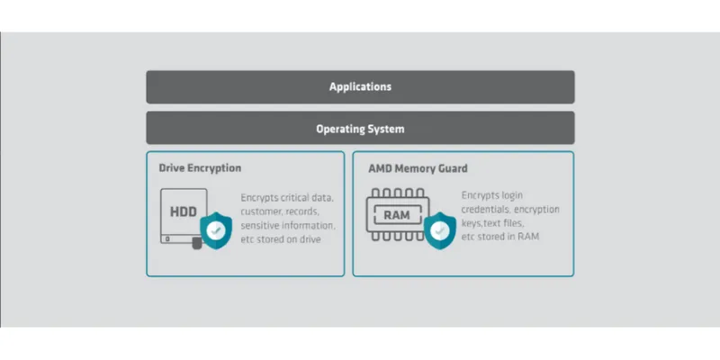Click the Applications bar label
tap(360, 87)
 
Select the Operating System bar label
tap(360, 129)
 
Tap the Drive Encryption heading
tap(200, 168)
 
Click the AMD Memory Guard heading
tap(418, 168)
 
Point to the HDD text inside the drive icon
tap(184, 213)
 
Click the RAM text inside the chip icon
tap(397, 215)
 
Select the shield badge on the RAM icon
tap(439, 230)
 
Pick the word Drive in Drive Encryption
tap(173, 168)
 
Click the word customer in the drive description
tap(262, 211)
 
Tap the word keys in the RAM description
tap(473, 222)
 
